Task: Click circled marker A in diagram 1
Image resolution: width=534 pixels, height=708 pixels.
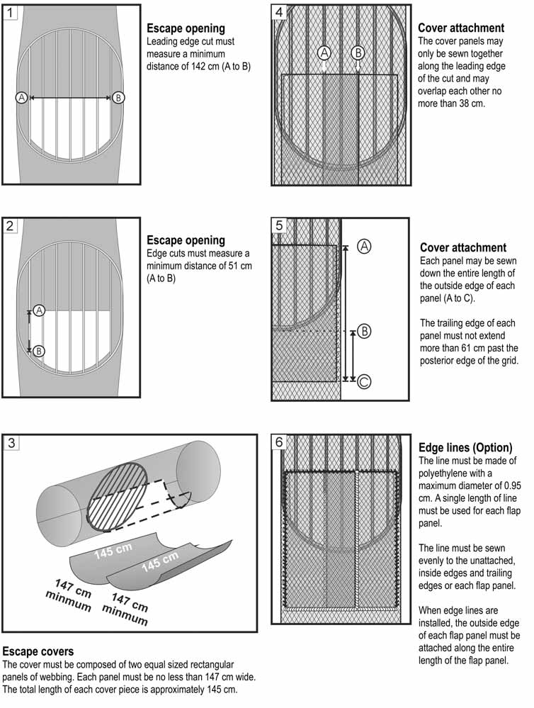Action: tap(21, 98)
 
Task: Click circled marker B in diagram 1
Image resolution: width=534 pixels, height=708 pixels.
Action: tap(118, 98)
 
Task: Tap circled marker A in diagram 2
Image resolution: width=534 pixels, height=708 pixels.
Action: tap(40, 310)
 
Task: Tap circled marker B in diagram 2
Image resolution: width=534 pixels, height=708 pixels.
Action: tap(40, 350)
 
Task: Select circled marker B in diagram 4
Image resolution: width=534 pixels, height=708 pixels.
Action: tap(358, 52)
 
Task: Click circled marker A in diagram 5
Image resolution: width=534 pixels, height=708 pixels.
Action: tap(363, 246)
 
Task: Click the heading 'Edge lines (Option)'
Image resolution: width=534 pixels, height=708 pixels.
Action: tap(465, 447)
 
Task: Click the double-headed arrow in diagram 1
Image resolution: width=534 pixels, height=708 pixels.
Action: tap(69, 98)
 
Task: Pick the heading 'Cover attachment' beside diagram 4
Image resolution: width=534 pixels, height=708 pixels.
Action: tap(461, 28)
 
